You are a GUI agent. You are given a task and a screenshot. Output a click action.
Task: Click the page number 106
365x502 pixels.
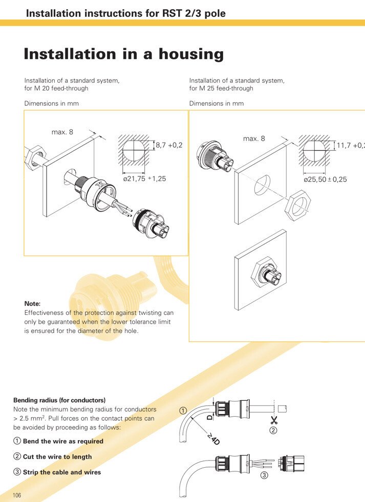tap(17, 495)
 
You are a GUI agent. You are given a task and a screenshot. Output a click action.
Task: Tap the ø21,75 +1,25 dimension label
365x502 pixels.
tap(145, 179)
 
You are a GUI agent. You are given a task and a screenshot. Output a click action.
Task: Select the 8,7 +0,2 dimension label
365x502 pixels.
tap(169, 146)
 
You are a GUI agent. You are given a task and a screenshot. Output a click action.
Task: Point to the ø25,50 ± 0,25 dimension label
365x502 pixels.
tap(325, 179)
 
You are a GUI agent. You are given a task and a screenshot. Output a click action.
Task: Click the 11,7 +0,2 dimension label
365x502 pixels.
tap(350, 146)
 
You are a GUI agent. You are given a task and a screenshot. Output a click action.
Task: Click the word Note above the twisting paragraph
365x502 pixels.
tap(32, 304)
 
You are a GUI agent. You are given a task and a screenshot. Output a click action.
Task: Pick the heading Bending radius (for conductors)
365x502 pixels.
tap(59, 400)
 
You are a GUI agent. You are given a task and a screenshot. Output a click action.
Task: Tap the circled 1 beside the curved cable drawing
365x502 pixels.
tap(183, 410)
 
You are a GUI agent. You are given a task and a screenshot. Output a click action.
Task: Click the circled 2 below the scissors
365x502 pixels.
tap(273, 431)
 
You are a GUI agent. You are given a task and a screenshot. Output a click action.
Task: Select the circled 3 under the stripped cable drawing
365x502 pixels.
tap(264, 475)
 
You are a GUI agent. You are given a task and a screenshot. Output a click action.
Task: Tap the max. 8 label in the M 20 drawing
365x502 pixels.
tap(62, 132)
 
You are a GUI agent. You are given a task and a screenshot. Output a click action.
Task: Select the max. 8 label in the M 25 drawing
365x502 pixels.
tap(254, 139)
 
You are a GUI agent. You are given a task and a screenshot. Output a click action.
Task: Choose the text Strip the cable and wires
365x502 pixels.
tap(62, 472)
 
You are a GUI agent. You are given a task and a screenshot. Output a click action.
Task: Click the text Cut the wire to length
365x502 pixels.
tap(57, 457)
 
